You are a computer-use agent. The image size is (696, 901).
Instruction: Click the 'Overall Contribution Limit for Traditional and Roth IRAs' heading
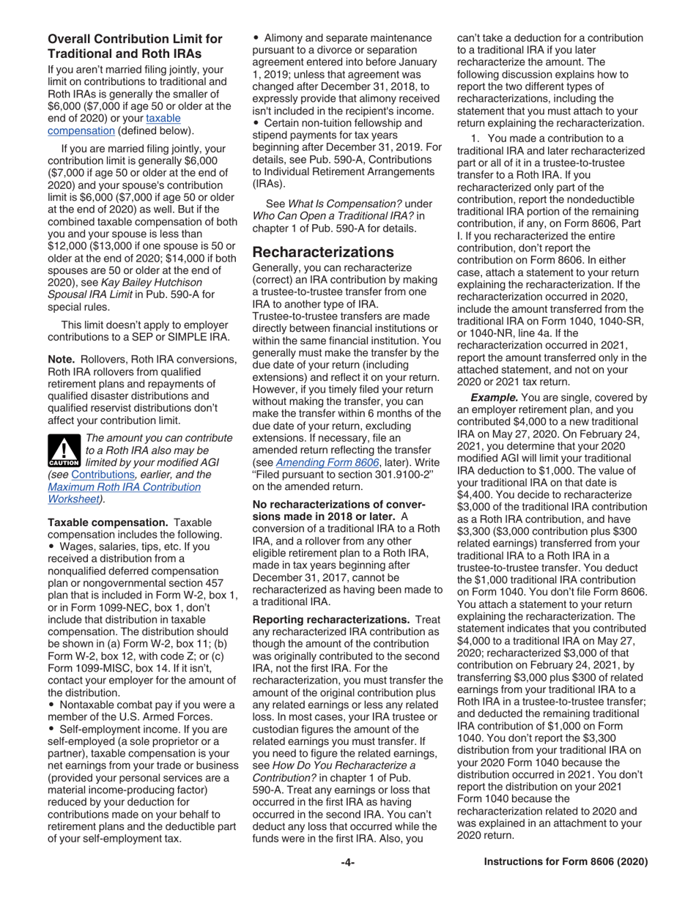[x=135, y=46]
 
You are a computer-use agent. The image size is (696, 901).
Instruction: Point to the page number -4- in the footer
[x=347, y=862]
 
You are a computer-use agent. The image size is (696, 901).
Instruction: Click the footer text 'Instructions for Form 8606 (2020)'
[x=566, y=862]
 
